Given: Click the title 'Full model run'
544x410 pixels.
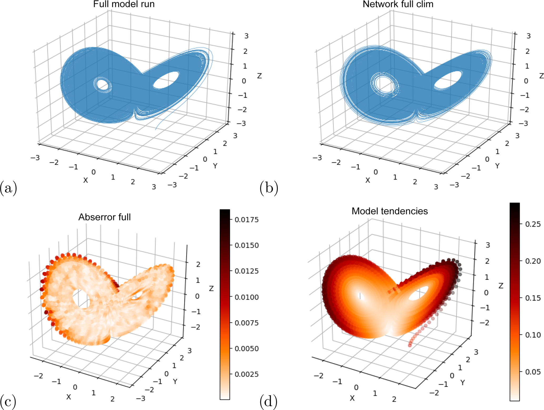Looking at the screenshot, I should tap(124, 4).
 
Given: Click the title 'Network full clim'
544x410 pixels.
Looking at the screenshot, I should tap(398, 4).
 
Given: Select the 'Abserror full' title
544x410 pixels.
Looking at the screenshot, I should tap(104, 217).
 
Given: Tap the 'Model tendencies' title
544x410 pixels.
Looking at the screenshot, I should tap(390, 211).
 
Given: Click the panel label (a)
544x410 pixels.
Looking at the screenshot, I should tap(8, 188).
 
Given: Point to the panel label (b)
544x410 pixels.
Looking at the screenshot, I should tap(269, 188).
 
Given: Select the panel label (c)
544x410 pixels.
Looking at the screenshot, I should tap(8, 402).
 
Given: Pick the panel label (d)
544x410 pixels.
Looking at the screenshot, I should tap(268, 402).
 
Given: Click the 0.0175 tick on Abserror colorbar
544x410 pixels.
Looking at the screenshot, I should tap(246, 220).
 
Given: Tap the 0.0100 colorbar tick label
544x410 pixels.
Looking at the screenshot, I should tap(246, 297).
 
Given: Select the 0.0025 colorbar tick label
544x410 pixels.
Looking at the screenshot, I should tap(246, 374).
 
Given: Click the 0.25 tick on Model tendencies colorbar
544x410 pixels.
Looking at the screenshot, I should tap(533, 224).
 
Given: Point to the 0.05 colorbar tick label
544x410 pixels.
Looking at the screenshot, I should tap(533, 372).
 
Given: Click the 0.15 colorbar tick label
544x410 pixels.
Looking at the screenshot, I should tap(533, 298).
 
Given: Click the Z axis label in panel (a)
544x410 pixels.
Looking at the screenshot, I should tap(259, 76).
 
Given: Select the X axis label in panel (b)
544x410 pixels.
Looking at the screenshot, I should tap(368, 180).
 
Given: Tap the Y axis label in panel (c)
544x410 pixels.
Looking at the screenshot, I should tap(175, 381).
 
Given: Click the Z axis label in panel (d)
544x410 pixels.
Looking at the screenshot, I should tap(501, 286).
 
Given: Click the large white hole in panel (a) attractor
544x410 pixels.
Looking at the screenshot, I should tap(166, 80).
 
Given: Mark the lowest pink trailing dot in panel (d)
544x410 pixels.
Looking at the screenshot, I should tap(410, 345).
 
